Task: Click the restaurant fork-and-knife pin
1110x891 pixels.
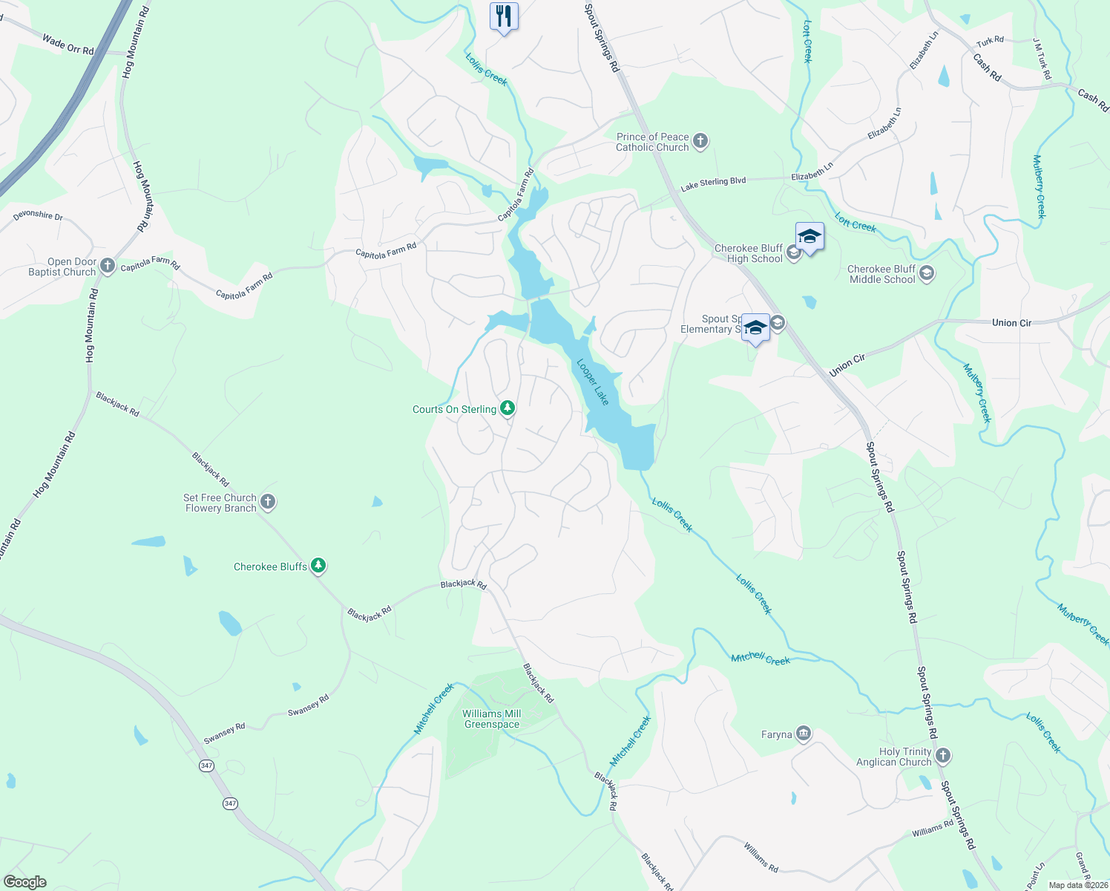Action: pos(504,16)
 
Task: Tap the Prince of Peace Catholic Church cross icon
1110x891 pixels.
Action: pos(700,141)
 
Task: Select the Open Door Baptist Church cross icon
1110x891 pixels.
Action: pos(108,266)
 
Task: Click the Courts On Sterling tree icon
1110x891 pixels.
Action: pos(508,408)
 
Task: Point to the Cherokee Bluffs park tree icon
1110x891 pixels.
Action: pos(318,566)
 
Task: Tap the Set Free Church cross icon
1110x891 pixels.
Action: pos(268,502)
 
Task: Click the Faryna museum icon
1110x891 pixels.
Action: pos(804,734)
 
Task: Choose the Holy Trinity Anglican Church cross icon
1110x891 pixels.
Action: pos(943,756)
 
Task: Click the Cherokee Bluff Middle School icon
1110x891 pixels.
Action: pos(926,273)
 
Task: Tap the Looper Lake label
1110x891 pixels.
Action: pos(594,382)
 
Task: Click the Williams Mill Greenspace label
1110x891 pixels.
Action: pos(491,719)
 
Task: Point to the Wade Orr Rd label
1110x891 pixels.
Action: pos(68,45)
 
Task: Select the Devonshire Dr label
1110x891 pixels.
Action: pos(38,215)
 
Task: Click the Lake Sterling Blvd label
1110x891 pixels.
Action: pos(713,182)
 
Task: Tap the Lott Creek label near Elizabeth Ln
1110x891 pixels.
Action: pos(856,222)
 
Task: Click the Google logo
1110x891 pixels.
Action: pos(25,882)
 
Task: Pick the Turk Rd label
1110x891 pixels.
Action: pos(991,42)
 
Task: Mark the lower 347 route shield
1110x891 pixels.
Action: pos(231,803)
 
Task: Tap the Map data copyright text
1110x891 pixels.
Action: pos(1078,885)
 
